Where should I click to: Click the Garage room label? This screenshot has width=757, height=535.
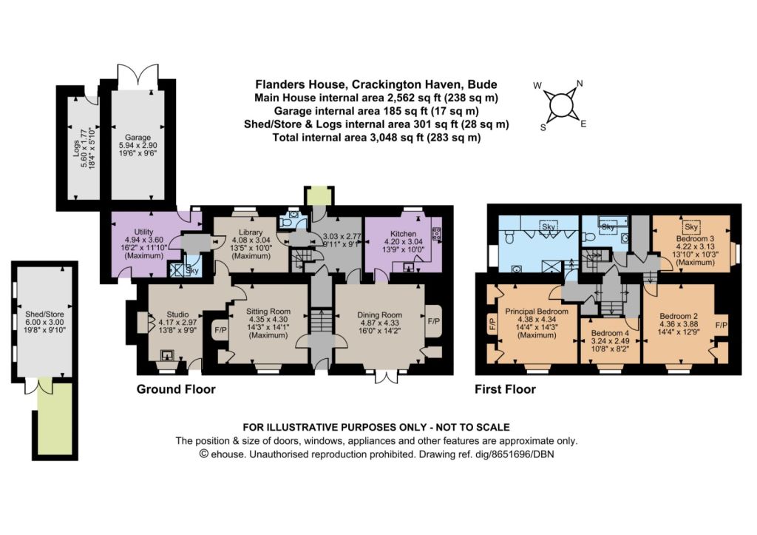[138, 137]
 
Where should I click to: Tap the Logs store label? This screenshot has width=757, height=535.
[76, 149]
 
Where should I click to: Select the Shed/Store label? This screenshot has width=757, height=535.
[44, 314]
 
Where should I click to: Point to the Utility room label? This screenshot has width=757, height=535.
[144, 232]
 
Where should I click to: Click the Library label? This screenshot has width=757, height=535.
[251, 232]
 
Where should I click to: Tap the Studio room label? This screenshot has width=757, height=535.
[177, 314]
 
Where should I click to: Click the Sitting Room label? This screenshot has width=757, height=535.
[268, 312]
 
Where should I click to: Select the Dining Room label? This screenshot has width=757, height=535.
[379, 315]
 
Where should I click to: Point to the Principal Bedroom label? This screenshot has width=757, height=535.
[537, 312]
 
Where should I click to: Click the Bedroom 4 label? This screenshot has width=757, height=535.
[610, 333]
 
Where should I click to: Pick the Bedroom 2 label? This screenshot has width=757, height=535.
[679, 316]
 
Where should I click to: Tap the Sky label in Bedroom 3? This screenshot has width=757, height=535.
[691, 226]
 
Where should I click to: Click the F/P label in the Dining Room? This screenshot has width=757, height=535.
[434, 321]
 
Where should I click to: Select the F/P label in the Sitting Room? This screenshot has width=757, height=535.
[220, 330]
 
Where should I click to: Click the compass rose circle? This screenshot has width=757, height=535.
[560, 104]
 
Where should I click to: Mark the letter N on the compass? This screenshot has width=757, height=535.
[580, 84]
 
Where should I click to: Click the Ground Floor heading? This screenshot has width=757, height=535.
[176, 389]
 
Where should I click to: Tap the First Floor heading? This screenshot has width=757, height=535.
[506, 389]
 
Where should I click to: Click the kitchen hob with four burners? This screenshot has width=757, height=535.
[437, 234]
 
